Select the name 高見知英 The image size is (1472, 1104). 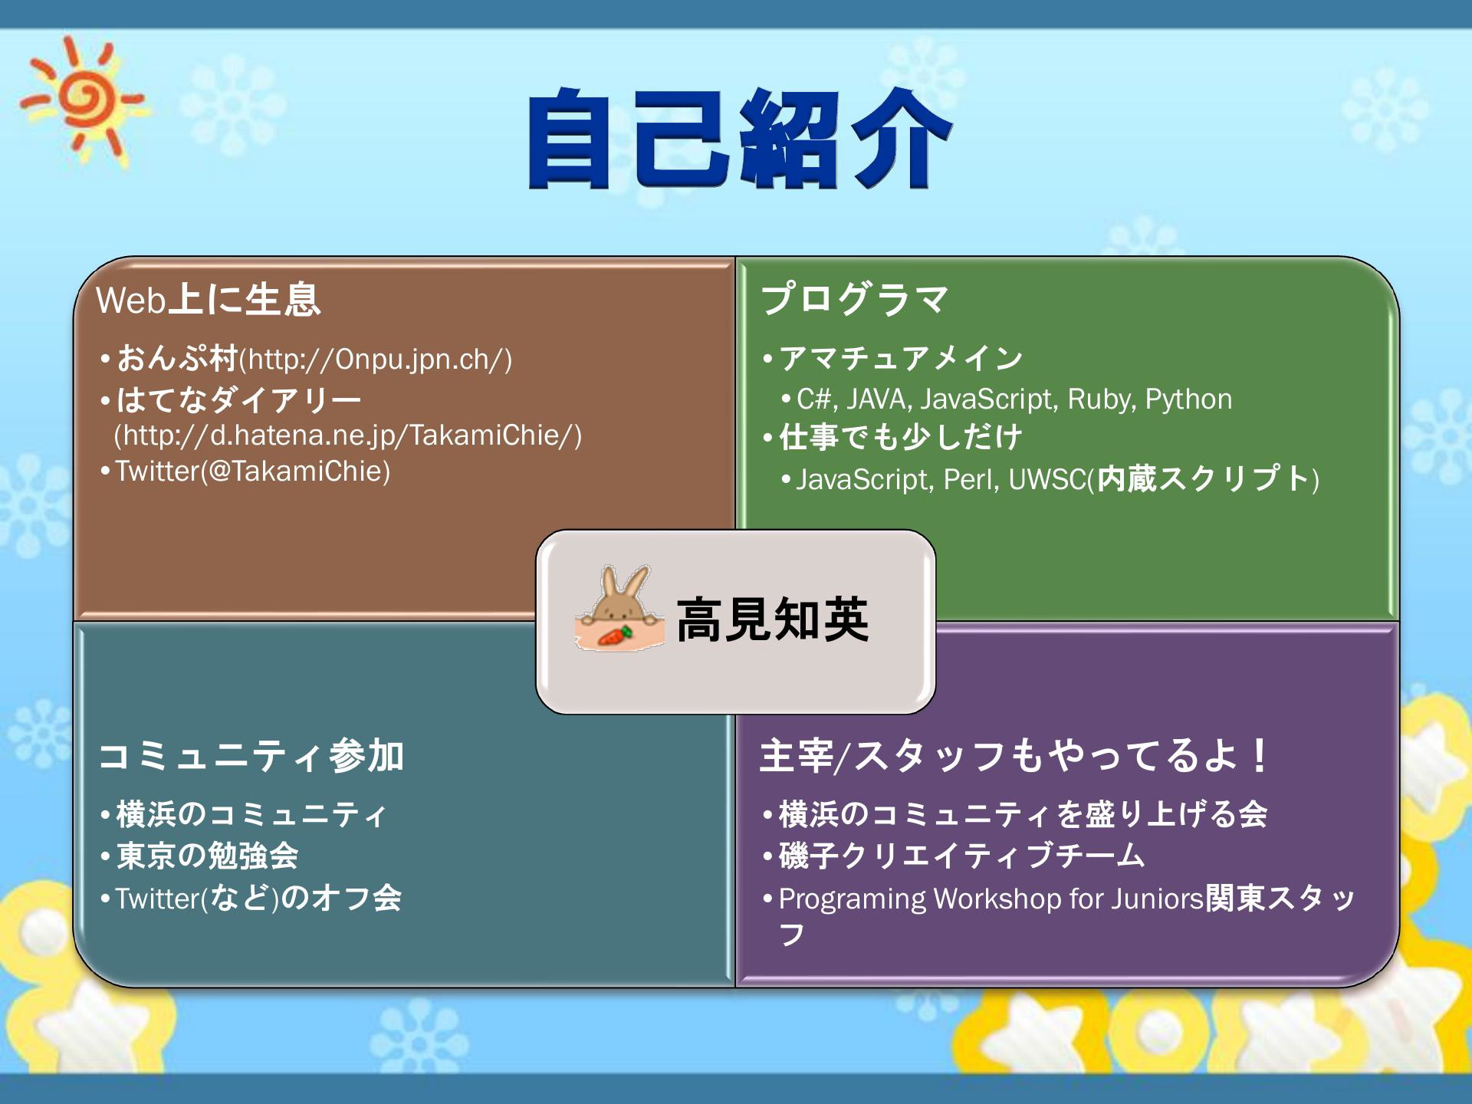point(772,619)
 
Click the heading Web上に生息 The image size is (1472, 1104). point(208,299)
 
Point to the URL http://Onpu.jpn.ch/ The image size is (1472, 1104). point(375,359)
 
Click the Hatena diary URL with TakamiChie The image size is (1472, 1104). point(348,435)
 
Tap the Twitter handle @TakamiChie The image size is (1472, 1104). point(296,471)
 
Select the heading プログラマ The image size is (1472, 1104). point(854,299)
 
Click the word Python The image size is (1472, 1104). point(1188,399)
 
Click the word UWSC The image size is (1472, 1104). point(1047,479)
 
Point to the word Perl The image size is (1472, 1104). point(969,479)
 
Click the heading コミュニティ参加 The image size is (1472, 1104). point(251,756)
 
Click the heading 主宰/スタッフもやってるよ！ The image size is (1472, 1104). point(1013,756)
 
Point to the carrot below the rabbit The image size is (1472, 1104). point(615,636)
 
